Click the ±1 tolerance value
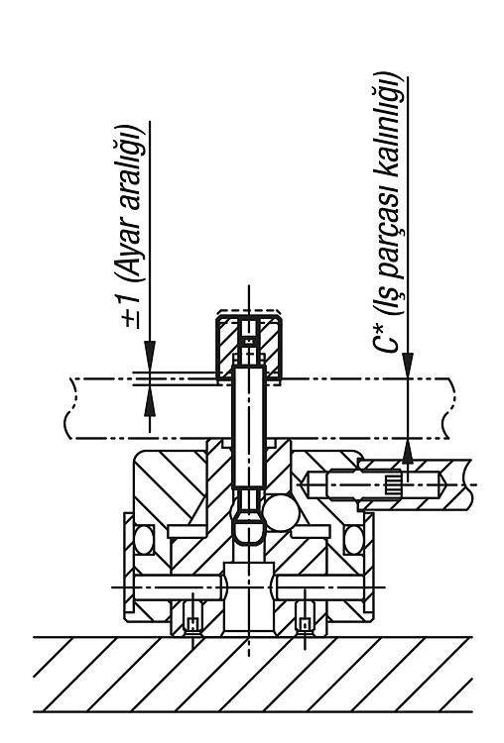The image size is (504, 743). [131, 311]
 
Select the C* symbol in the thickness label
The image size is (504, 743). [386, 338]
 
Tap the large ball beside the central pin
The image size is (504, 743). [281, 513]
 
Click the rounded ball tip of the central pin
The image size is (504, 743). [249, 531]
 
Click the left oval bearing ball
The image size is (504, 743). [143, 539]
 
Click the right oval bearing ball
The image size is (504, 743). [354, 539]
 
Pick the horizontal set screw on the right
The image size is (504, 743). [376, 484]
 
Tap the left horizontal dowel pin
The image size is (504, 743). [178, 587]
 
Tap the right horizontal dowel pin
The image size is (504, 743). [319, 587]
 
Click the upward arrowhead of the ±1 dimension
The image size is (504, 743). [150, 401]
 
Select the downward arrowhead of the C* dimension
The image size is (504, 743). [408, 366]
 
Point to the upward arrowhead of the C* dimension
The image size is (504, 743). [408, 451]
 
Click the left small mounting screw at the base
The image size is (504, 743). [192, 617]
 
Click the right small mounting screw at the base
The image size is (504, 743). [305, 617]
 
